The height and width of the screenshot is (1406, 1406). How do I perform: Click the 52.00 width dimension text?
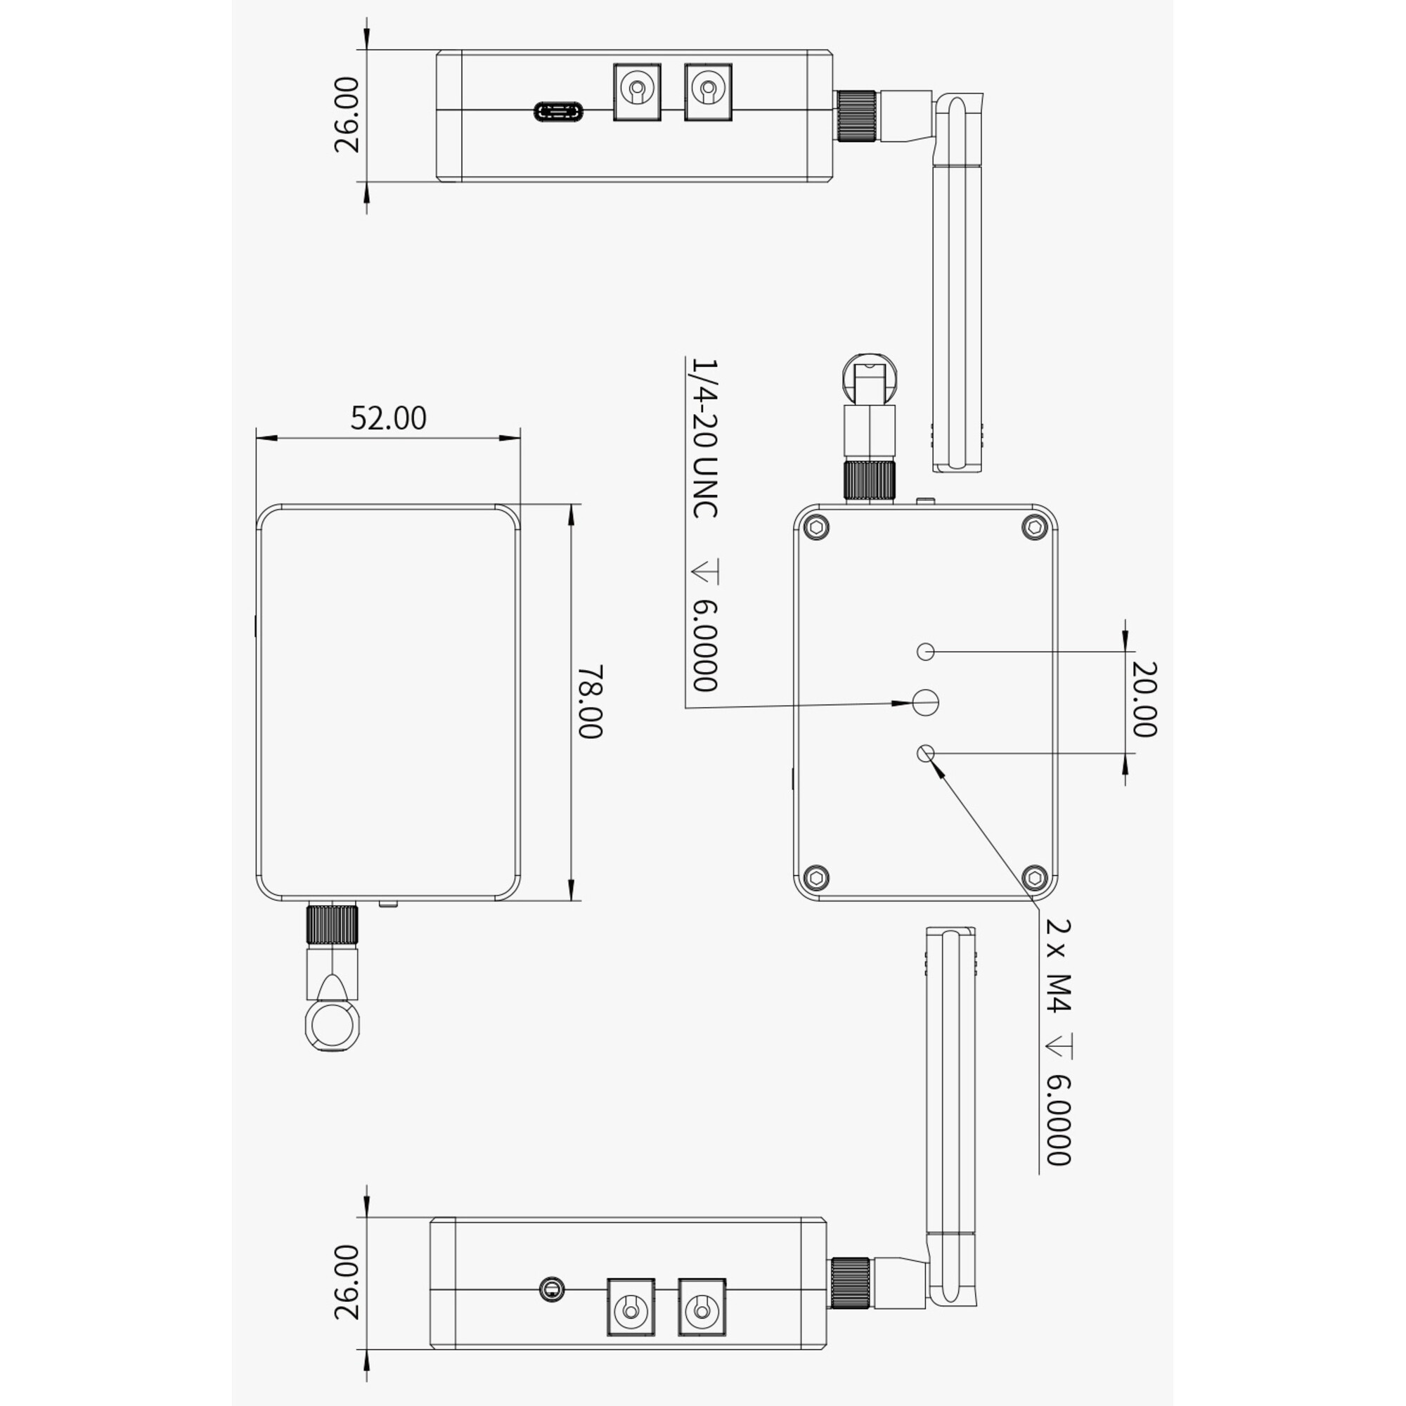[x=388, y=418]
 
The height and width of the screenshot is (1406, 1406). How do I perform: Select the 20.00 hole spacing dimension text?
[x=1144, y=699]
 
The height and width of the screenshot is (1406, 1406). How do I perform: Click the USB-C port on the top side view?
[x=558, y=111]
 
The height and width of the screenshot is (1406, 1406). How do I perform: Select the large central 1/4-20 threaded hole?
[x=926, y=702]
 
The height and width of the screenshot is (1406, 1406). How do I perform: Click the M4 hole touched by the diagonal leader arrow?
[x=926, y=753]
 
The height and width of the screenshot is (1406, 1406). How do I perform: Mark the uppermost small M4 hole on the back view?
[x=926, y=652]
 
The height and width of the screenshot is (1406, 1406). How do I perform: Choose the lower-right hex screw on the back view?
[x=1034, y=877]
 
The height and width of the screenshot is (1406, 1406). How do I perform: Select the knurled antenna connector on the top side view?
[x=856, y=116]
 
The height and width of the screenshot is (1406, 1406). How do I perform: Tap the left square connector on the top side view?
[x=637, y=92]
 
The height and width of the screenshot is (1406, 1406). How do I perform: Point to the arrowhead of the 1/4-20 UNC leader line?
[x=905, y=703]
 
